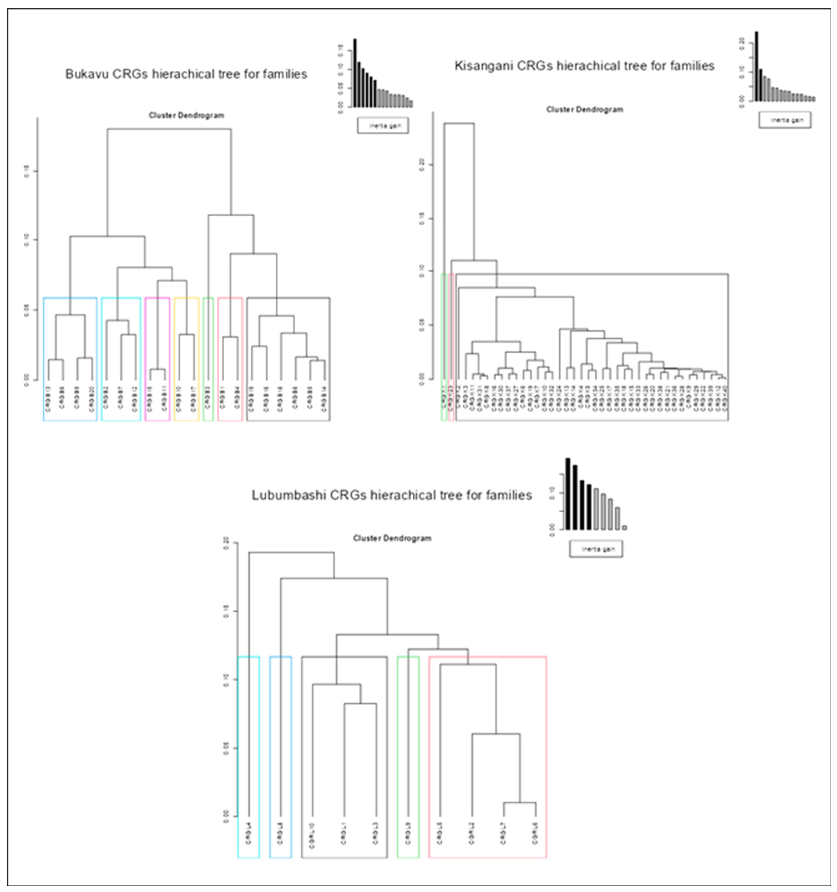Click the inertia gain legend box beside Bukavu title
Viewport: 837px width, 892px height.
(383, 126)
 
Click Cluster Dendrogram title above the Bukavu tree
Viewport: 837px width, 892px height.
(186, 115)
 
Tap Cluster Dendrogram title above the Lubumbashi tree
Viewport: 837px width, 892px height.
(392, 538)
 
